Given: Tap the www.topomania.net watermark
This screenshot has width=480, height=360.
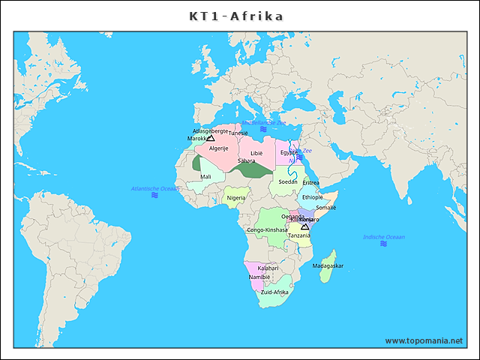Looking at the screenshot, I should tap(424, 340).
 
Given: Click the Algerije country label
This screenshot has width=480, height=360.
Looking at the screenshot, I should tap(218, 148).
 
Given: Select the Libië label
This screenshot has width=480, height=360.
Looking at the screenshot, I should tap(256, 153).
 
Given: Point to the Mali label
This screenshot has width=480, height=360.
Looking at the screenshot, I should tap(205, 177).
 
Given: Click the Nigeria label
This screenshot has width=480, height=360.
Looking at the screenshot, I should tap(236, 198).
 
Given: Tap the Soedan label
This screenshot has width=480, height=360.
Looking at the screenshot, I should tap(288, 181).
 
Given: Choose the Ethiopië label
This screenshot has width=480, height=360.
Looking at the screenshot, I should tap(313, 197).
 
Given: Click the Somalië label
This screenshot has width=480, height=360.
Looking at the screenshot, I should tap(326, 208).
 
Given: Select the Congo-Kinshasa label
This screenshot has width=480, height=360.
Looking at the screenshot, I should tap(267, 229).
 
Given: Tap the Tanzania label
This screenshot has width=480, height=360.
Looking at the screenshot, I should tap(299, 235).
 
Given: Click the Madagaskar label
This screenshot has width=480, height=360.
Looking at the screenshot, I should tap(328, 265).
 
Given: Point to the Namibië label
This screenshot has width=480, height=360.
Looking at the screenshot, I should tap(259, 277).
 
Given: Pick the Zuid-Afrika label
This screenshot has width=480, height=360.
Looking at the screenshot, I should tap(274, 292).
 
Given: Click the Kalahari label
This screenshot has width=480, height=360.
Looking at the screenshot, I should tap(268, 268).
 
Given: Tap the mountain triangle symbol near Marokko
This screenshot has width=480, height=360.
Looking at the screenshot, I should tap(211, 138).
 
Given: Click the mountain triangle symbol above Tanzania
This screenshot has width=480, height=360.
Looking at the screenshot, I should tap(304, 226).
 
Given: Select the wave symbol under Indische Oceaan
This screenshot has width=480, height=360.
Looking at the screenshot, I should tap(383, 244).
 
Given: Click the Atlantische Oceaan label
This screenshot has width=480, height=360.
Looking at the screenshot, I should tap(155, 188).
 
